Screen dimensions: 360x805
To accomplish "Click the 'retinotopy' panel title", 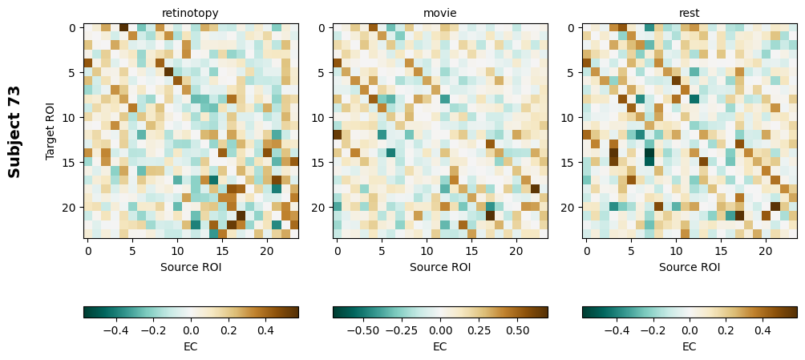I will pos(190,13).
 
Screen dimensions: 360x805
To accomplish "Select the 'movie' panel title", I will pos(439,13).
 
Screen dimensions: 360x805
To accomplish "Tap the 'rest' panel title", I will pos(689,13).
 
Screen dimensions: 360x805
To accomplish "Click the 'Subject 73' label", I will pos(14,131).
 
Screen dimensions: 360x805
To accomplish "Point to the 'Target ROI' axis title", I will pos(51,131).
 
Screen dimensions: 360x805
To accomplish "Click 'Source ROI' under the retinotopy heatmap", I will pos(191,267).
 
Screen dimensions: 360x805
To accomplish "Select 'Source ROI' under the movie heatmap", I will pos(440,267).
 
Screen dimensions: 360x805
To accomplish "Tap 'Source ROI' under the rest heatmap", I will pos(690,267).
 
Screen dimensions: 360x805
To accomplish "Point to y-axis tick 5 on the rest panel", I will pos(572,73).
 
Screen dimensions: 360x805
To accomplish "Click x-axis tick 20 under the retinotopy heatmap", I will pos(267,252).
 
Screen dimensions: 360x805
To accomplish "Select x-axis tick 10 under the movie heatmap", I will pos(427,252).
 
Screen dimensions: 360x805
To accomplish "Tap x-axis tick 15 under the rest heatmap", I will pos(721,252).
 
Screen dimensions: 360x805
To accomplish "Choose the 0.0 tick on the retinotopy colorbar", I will pos(191,330).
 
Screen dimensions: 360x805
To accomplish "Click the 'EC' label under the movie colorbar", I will pos(440,346).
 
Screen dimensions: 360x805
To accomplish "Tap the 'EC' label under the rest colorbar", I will pos(690,346).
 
